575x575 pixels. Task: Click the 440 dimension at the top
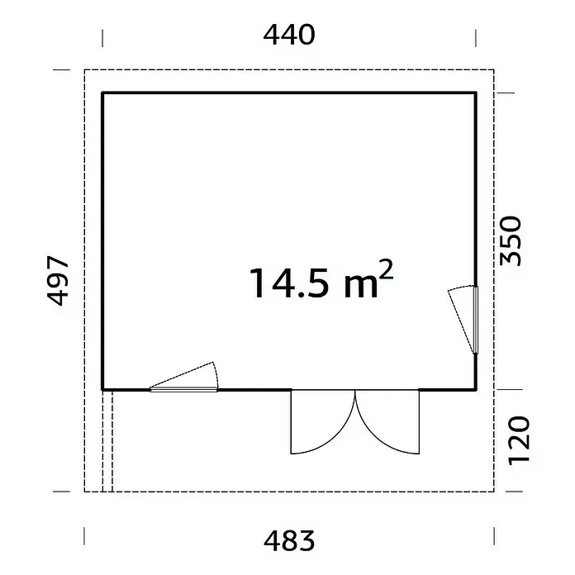coord(289,36)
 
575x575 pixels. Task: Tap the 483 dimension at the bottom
coord(289,541)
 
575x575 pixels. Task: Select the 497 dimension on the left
coord(58,281)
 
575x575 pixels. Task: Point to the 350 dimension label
coord(511,240)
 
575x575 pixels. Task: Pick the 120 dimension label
coord(519,440)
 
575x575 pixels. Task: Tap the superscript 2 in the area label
coord(386,269)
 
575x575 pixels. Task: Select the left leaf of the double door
coord(323,421)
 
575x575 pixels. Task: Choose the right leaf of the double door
coord(387,421)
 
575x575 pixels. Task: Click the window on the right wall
coord(476,320)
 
